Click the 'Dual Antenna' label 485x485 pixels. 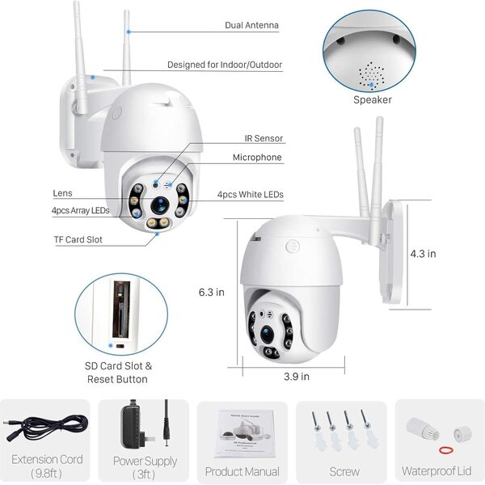(251, 25)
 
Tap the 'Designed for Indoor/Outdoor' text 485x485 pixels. (225, 65)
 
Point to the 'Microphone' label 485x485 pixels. (257, 158)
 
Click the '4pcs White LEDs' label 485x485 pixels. (250, 195)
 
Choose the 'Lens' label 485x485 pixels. (62, 193)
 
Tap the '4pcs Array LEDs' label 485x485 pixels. (82, 210)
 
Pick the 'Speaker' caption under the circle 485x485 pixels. (372, 99)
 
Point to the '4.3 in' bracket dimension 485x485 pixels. (424, 253)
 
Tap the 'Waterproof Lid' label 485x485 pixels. (441, 471)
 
